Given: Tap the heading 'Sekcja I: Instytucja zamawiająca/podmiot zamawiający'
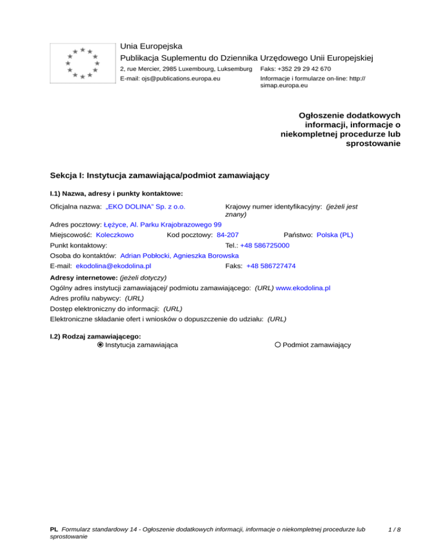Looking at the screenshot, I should click(158, 176).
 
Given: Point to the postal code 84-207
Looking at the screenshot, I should click(227, 235).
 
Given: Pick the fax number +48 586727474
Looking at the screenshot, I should click(271, 266).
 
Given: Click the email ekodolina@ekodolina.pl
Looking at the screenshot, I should click(113, 266).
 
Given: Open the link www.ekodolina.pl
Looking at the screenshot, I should click(303, 287).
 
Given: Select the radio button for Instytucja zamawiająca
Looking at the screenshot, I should click(100, 345).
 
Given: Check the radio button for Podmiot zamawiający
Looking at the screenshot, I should click(278, 345).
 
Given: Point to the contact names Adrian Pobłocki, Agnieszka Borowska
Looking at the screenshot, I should click(179, 256).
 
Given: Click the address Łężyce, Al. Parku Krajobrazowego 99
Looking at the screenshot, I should click(162, 225).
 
